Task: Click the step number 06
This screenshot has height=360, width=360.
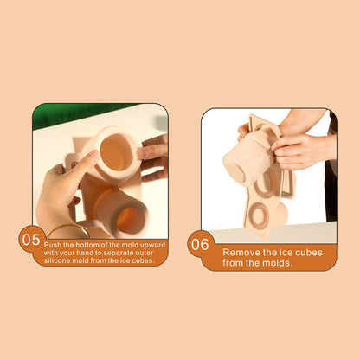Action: coord(200,244)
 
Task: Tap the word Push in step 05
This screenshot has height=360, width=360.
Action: coord(54,244)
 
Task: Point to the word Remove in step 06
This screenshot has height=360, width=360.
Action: coord(241,252)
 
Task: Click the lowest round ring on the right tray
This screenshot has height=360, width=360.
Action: coord(260,214)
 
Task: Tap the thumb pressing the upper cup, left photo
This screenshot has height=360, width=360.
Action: coord(83,170)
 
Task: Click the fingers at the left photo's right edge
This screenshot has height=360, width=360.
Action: coord(154,157)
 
